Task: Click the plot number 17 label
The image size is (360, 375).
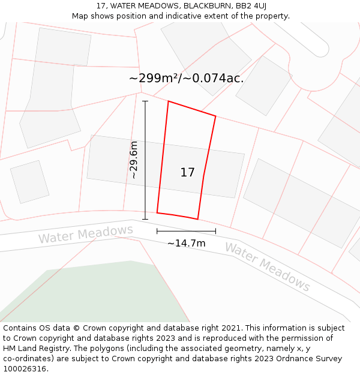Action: pos(187,173)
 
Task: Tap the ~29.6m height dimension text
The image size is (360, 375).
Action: pos(134,160)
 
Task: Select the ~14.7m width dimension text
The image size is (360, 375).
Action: pos(186,243)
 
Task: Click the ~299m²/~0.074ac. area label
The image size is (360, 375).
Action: pos(186,78)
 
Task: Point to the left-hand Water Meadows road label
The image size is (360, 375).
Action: pos(86,234)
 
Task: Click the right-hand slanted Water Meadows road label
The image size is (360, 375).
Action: pos(268,268)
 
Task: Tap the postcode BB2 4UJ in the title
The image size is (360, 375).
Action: pos(251,6)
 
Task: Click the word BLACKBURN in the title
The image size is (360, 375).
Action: pos(202,6)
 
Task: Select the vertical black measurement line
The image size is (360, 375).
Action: pos(145,160)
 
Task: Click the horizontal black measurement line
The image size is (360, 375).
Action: pos(186,231)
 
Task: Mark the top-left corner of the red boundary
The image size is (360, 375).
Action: pos(168,101)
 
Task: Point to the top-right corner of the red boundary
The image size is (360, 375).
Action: pos(215,116)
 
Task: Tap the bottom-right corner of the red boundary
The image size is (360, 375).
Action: pos(197,219)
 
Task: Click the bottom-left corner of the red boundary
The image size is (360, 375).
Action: pos(157,212)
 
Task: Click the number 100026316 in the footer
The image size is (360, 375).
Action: pos(25,369)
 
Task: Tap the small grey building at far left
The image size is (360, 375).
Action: pos(29,181)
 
